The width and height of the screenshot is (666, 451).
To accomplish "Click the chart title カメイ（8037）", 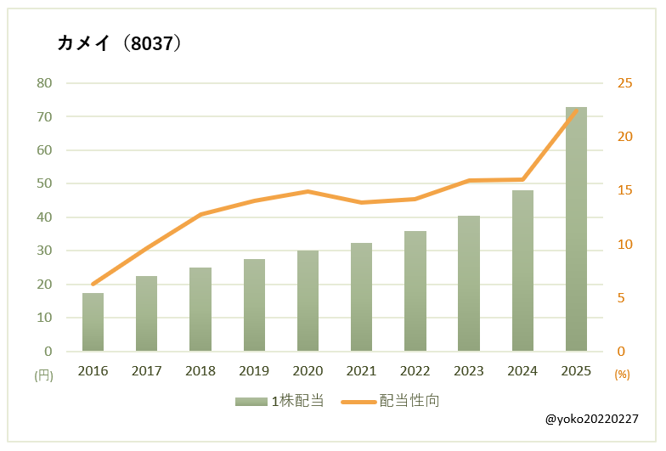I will point(119,43).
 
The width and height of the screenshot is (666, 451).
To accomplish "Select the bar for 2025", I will point(576,229).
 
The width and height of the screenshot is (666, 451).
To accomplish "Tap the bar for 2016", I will point(93,323).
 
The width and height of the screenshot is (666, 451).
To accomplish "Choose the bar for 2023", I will point(469,284).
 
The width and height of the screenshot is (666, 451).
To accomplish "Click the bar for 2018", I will point(200,309).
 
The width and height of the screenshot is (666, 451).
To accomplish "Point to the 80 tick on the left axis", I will point(44,83).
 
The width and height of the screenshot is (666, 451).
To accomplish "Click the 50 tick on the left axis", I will point(44,183).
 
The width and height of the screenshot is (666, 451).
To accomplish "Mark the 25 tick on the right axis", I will point(625,83).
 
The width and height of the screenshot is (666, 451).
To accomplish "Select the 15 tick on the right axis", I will point(625,190).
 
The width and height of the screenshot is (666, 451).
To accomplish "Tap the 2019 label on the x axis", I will point(254,371).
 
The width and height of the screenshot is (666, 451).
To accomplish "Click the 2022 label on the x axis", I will point(415,371).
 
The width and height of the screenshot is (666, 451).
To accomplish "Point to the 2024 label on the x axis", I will point(522,371).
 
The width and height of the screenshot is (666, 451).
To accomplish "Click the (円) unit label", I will point(43,375).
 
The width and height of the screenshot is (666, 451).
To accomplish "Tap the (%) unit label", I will point(622,375).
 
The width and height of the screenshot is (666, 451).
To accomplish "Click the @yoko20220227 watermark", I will point(591,420).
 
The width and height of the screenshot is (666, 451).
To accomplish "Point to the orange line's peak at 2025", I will point(576,110).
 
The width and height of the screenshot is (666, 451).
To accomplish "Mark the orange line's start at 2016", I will point(93,284).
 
